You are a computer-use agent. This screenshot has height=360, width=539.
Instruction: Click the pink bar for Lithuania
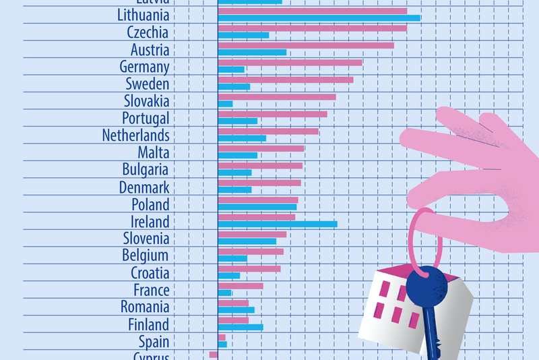[312, 11]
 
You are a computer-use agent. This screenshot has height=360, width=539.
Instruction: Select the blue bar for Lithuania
[319, 18]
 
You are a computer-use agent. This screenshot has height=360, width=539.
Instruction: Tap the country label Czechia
[148, 32]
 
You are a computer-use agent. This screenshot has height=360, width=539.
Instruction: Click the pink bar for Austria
[306, 46]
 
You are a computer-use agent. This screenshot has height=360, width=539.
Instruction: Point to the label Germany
[144, 67]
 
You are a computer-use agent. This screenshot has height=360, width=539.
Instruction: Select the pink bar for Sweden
[286, 80]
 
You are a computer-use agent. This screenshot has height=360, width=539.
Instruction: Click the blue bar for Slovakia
[225, 104]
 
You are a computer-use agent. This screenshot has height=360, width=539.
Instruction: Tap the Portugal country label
[146, 119]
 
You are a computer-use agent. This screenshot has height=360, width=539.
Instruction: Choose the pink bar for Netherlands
[268, 131]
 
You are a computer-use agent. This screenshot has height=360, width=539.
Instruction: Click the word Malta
[153, 152]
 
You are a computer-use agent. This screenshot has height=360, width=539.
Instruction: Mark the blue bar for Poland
[257, 207]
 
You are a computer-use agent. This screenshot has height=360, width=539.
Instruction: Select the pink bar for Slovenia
[252, 235]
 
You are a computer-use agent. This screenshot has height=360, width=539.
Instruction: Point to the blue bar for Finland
[241, 327]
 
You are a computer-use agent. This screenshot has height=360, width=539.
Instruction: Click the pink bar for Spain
[222, 336]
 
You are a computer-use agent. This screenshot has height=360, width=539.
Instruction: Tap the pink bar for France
[241, 286]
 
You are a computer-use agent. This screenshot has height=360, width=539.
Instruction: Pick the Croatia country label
[150, 273]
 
